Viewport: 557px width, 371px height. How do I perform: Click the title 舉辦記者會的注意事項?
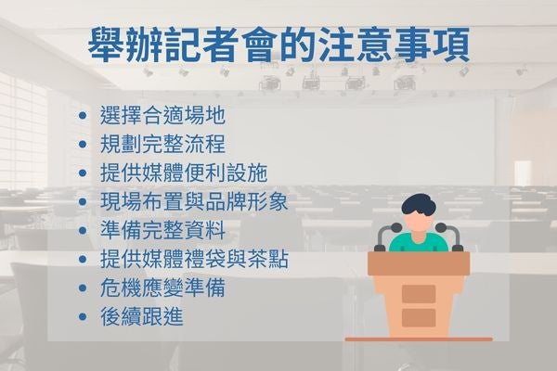tap(278, 44)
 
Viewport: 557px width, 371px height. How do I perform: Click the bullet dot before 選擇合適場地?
tap(85, 117)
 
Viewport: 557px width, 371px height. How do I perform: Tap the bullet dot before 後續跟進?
tap(85, 316)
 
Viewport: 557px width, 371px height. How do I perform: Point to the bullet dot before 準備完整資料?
tap(85, 230)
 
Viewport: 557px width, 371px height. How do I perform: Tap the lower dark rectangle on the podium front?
tap(419, 318)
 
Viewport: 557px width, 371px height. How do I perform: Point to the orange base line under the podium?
tap(419, 339)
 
